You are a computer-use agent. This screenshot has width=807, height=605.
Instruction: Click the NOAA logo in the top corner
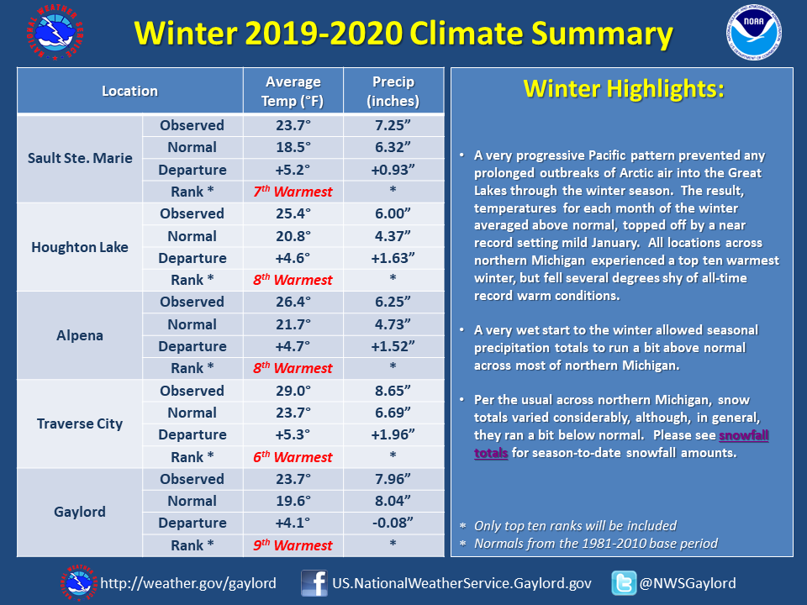753,32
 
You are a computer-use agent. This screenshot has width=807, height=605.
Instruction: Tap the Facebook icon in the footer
314,583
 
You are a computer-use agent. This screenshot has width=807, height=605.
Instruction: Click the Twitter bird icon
624,583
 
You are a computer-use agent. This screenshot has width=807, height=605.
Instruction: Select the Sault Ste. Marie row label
80,158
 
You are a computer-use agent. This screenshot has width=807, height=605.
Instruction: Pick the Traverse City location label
80,423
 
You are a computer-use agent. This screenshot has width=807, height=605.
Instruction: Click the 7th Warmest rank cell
293,192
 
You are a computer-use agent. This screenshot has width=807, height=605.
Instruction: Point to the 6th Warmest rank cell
293,457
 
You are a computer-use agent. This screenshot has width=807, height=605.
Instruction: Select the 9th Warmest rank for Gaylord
293,545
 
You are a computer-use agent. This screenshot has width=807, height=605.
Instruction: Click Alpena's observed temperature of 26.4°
293,302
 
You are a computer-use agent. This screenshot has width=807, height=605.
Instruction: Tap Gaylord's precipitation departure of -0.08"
393,523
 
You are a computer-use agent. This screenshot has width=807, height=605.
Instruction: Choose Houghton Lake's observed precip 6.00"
393,213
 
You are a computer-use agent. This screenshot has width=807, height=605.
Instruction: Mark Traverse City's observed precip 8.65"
393,391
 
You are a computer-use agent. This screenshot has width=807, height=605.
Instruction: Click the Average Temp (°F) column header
293,91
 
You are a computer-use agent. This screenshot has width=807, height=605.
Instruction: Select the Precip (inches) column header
393,91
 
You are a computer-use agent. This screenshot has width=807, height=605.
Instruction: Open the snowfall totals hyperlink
621,444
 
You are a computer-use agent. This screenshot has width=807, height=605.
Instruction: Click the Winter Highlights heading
624,88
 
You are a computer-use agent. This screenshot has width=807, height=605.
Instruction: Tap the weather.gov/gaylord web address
188,583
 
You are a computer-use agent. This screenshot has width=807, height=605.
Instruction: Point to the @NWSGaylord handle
688,583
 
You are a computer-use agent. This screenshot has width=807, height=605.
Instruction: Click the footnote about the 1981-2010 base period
595,544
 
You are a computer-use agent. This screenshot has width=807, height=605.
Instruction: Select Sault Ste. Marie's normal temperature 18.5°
293,147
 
